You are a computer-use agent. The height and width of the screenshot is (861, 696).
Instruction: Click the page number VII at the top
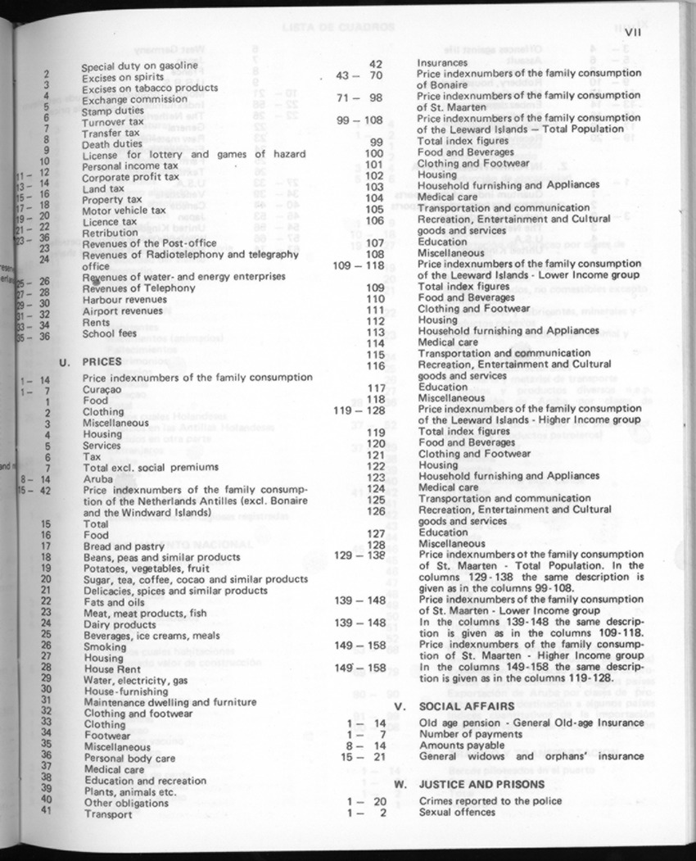tap(631, 34)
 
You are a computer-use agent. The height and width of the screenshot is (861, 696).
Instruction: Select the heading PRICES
tap(102, 361)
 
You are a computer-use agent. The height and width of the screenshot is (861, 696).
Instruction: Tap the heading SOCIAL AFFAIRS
tap(466, 706)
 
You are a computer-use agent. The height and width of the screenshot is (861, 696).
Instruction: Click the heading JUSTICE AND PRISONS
tap(481, 784)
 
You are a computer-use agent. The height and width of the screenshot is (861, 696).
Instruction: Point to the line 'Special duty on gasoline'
tap(139, 66)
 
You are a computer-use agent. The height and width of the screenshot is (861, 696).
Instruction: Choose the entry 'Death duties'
tap(113, 144)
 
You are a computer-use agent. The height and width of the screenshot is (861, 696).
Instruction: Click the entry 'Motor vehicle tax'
tap(124, 211)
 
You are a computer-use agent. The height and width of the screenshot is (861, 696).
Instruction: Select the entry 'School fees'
tap(110, 333)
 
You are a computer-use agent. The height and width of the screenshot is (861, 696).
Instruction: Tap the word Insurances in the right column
tap(442, 63)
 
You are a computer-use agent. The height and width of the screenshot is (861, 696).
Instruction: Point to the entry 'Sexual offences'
tap(457, 813)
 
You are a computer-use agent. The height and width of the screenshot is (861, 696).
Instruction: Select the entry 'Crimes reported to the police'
tap(489, 801)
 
